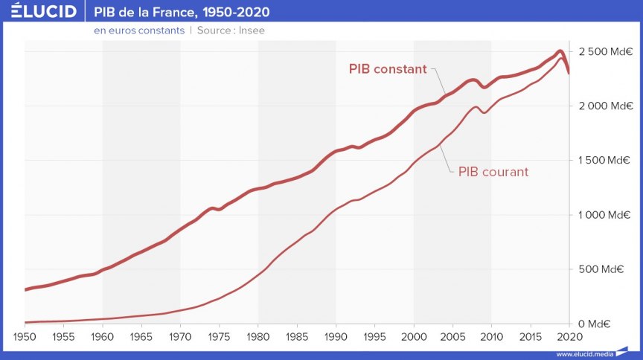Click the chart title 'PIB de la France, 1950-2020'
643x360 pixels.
182,13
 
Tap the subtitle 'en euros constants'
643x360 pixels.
138,30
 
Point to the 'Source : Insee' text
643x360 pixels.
231,30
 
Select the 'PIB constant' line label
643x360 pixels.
388,69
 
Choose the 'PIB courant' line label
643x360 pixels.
493,172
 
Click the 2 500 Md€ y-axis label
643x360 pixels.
605,51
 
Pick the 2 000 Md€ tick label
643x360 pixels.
605,106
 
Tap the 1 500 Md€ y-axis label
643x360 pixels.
605,161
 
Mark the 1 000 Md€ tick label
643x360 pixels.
605,215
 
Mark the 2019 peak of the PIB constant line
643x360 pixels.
560,51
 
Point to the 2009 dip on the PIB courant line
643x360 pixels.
484,112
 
